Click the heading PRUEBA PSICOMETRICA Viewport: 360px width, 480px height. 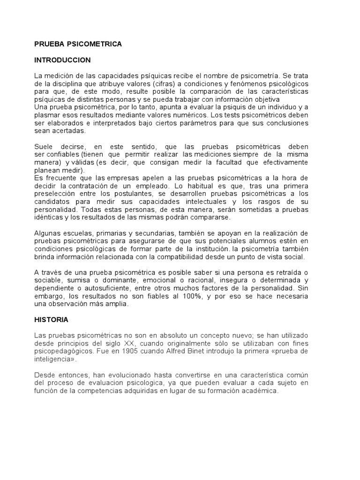(78, 44)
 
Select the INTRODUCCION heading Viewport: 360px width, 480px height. (62, 60)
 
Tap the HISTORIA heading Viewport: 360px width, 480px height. (51, 320)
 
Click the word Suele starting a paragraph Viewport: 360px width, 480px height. (43, 147)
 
